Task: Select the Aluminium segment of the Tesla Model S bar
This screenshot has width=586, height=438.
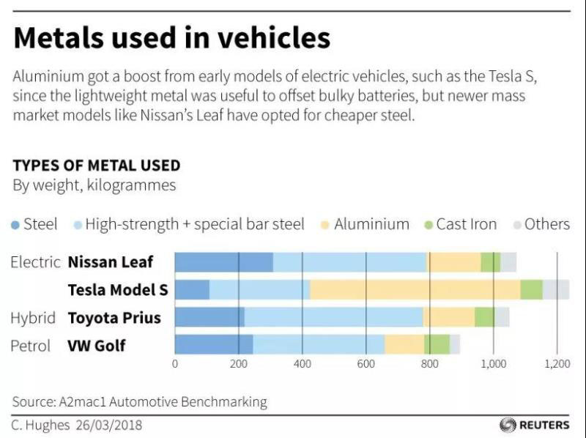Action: pyautogui.click(x=415, y=289)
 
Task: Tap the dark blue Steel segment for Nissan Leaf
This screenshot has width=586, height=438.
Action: pyautogui.click(x=223, y=261)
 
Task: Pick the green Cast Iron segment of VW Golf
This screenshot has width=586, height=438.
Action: pyautogui.click(x=437, y=344)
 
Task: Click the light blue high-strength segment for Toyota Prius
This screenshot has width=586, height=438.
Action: pyautogui.click(x=333, y=317)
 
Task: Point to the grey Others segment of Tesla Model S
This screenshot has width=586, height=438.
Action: pyautogui.click(x=555, y=289)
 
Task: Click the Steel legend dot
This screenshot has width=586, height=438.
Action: pyautogui.click(x=16, y=225)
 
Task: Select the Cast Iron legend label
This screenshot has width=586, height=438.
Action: pyautogui.click(x=466, y=224)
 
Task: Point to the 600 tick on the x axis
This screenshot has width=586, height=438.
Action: pyautogui.click(x=366, y=363)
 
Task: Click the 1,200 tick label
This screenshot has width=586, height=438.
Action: pyautogui.click(x=557, y=363)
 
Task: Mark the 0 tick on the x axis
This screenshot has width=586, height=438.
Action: pyautogui.click(x=175, y=363)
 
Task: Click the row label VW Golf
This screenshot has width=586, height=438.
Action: pyautogui.click(x=97, y=345)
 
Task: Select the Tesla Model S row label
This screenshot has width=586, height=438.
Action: pyautogui.click(x=117, y=290)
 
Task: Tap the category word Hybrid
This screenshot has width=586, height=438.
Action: pyautogui.click(x=33, y=318)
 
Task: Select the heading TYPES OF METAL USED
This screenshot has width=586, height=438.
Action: pyautogui.click(x=96, y=166)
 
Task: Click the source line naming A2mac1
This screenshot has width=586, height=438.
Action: pyautogui.click(x=139, y=401)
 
